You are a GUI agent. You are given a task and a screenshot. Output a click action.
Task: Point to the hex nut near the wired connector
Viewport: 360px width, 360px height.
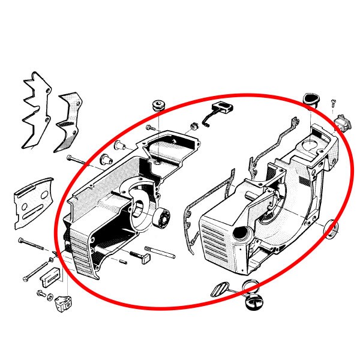[194, 127]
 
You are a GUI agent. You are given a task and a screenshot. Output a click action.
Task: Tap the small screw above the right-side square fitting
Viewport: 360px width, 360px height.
[334, 105]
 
